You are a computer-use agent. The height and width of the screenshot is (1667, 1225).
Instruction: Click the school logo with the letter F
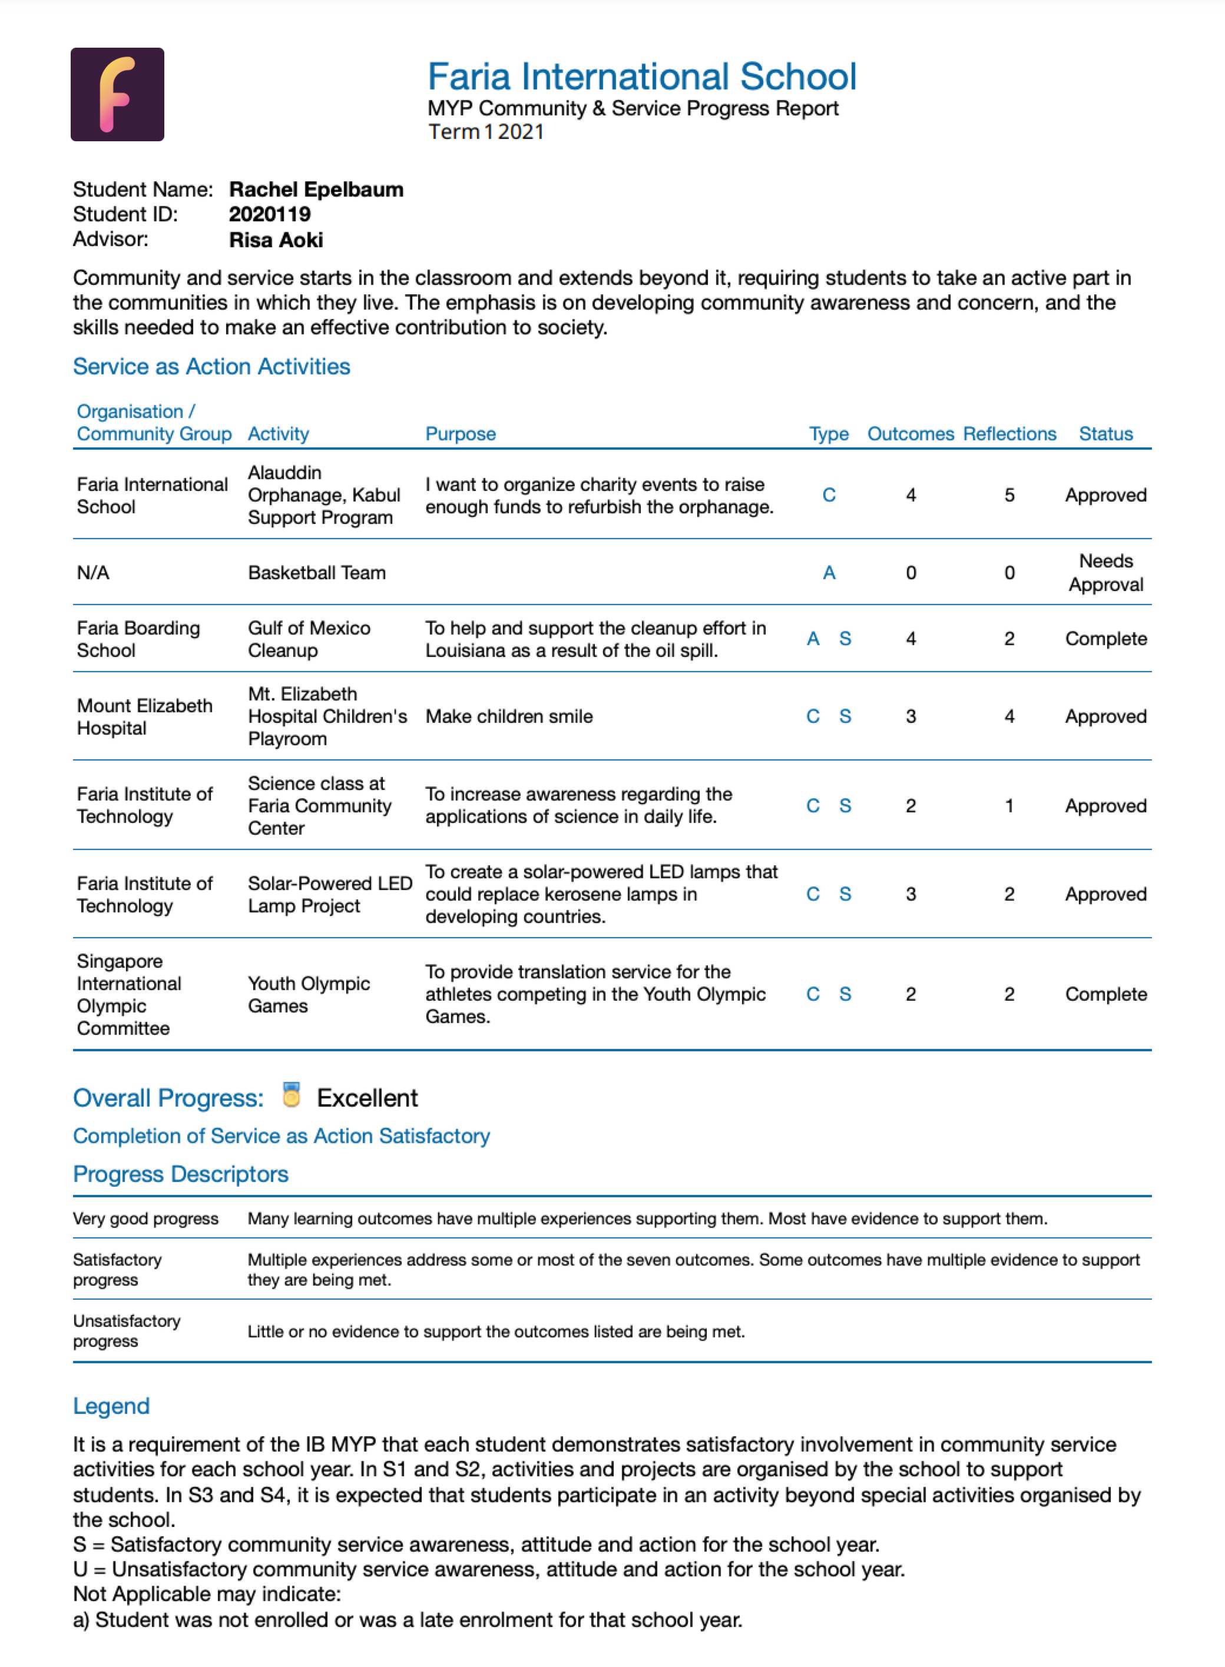(117, 94)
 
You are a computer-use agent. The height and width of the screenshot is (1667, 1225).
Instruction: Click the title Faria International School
(641, 77)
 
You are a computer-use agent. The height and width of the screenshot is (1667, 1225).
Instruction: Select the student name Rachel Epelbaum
(316, 190)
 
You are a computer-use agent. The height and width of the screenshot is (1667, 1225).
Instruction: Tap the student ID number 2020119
(269, 214)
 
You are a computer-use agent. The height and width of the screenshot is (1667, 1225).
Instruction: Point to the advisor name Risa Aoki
(276, 240)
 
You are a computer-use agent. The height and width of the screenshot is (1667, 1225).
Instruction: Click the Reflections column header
(1009, 434)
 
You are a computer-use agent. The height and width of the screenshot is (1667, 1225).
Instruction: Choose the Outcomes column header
(911, 434)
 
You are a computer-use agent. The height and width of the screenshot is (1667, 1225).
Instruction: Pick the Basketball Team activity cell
(317, 573)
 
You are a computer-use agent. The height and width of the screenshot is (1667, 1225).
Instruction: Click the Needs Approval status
(1105, 573)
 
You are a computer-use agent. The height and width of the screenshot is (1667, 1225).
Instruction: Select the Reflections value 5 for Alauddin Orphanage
(1009, 495)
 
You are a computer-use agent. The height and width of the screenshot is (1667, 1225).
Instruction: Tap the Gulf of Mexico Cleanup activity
(309, 639)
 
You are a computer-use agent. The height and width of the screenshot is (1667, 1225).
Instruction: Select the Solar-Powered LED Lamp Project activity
(329, 895)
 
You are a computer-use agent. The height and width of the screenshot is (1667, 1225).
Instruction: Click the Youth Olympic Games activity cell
(309, 995)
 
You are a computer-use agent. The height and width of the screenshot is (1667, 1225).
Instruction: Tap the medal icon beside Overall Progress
(292, 1095)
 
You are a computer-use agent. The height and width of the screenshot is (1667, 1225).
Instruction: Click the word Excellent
(367, 1098)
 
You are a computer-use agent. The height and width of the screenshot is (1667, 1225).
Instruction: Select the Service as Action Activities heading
(211, 367)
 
